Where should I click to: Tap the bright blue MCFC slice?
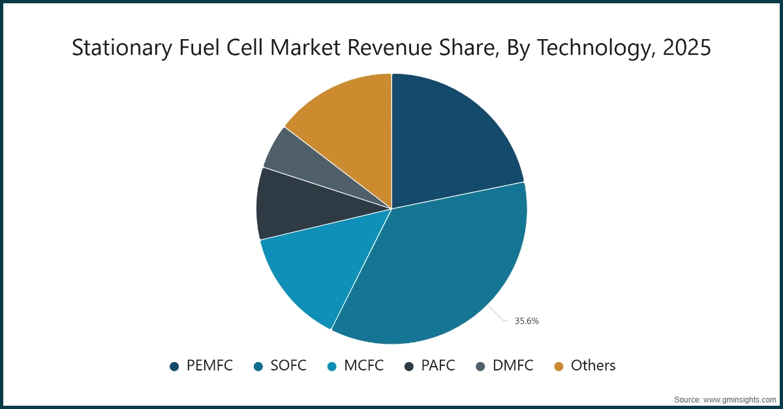[313, 267]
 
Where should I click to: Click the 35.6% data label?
[527, 321]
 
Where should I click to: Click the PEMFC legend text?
[209, 366]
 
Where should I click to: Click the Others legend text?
[593, 366]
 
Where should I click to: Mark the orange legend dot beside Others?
[559, 367]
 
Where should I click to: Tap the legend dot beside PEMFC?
[174, 367]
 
